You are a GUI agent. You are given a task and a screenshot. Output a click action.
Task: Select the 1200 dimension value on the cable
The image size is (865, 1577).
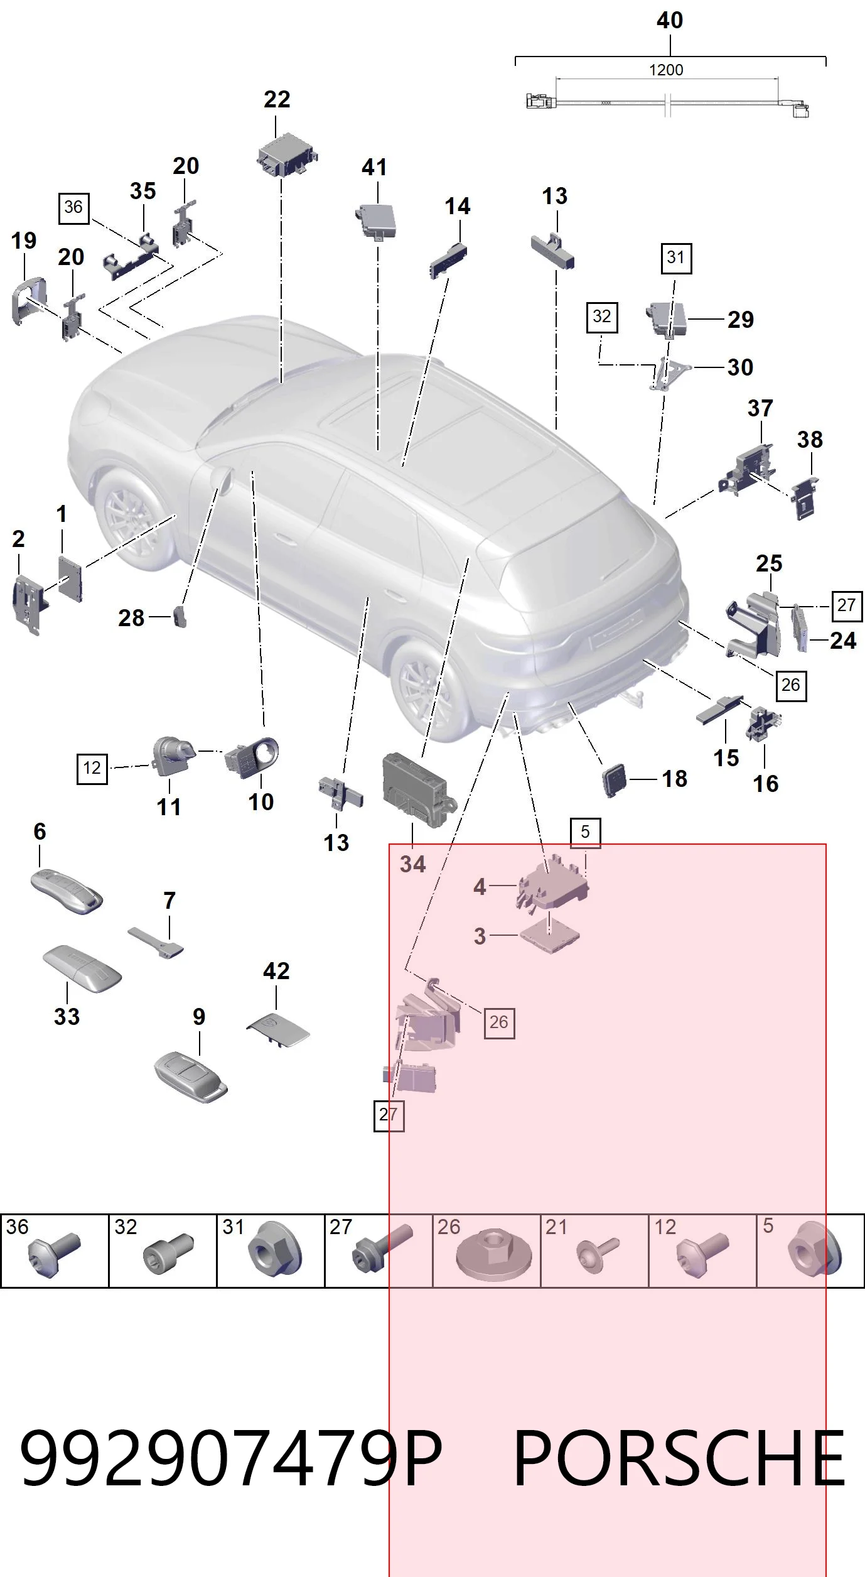(x=666, y=70)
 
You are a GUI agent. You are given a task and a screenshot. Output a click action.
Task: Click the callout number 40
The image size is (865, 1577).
(x=670, y=21)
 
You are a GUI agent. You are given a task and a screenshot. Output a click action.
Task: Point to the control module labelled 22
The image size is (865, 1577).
(x=287, y=154)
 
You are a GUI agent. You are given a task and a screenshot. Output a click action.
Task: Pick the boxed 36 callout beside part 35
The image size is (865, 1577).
(x=73, y=207)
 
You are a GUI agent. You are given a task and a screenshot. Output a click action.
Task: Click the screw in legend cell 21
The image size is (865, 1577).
(x=597, y=1254)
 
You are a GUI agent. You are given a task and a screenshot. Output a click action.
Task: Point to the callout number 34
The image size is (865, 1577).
(x=412, y=864)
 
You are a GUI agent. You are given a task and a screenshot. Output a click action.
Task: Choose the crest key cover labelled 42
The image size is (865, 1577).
(x=277, y=1029)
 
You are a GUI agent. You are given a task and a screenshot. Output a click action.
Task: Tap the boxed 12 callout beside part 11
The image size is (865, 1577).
(x=92, y=767)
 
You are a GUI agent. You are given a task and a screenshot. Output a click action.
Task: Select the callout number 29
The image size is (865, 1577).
(x=741, y=320)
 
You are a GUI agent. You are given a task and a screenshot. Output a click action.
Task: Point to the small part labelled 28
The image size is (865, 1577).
(x=180, y=617)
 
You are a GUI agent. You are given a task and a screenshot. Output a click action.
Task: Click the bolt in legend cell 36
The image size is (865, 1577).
(x=55, y=1253)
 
